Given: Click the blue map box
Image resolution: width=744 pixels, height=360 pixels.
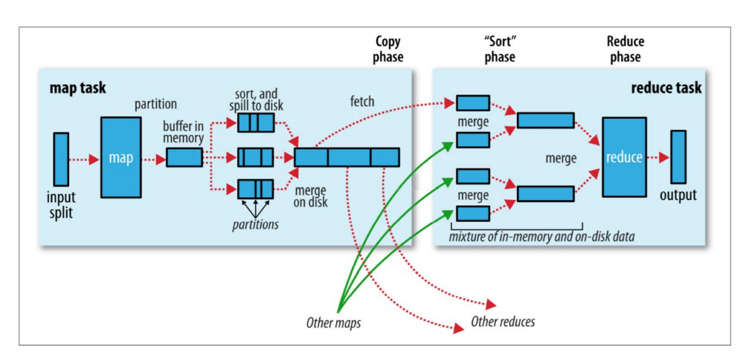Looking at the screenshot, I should (121, 157).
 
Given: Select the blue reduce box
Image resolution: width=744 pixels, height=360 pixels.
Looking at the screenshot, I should (623, 157).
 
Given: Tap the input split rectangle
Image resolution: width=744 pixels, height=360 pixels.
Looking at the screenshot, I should (61, 159).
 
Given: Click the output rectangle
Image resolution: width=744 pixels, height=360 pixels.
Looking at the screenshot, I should (678, 157).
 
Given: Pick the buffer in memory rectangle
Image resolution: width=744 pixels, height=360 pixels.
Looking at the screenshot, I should (184, 157).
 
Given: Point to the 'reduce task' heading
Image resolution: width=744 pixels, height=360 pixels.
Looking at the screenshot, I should (666, 88).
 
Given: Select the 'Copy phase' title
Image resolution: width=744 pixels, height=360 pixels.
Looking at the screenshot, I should (388, 49).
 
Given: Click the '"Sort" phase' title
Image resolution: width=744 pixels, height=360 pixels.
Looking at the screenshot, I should (499, 49).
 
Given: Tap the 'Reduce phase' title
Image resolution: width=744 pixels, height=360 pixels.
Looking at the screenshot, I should (625, 49).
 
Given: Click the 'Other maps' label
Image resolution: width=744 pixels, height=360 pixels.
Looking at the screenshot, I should (333, 323).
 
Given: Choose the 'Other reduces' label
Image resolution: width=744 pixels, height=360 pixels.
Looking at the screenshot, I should (503, 321).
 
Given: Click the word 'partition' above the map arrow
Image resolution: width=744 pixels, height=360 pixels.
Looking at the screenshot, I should (155, 104).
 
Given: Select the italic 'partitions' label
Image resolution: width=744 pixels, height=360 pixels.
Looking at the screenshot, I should (255, 224).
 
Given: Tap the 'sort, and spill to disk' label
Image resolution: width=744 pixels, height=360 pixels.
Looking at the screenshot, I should (255, 99).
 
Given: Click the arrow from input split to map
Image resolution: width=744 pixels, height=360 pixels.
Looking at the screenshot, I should (85, 160).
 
